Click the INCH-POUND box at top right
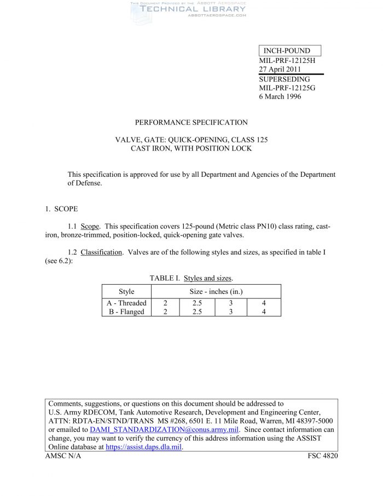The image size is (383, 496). pyautogui.click(x=289, y=51)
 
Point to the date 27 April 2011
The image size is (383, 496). pyautogui.click(x=280, y=70)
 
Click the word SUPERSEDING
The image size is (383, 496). pyautogui.click(x=284, y=79)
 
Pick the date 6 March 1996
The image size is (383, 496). pyautogui.click(x=280, y=97)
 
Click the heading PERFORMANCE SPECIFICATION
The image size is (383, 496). pyautogui.click(x=191, y=123)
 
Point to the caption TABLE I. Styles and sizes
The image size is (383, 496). pyautogui.click(x=191, y=279)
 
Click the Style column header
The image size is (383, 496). pyautogui.click(x=126, y=291)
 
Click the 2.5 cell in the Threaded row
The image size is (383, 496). pyautogui.click(x=197, y=303)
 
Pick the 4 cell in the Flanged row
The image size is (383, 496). pyautogui.click(x=264, y=312)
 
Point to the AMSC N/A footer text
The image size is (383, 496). pyautogui.click(x=63, y=456)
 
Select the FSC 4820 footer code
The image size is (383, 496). pyautogui.click(x=323, y=456)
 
